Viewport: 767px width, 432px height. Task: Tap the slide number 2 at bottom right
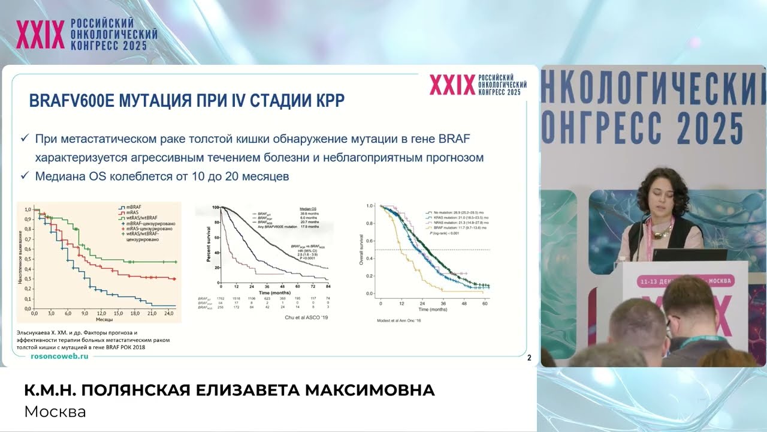[x=529, y=358]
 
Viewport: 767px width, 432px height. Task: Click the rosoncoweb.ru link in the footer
[x=59, y=356]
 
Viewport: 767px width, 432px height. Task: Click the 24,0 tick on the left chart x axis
[x=168, y=314]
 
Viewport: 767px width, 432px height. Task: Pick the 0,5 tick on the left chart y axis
[x=26, y=258]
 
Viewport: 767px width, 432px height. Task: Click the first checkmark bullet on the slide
[x=25, y=139]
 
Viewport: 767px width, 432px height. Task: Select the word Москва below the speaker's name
[x=55, y=412]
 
